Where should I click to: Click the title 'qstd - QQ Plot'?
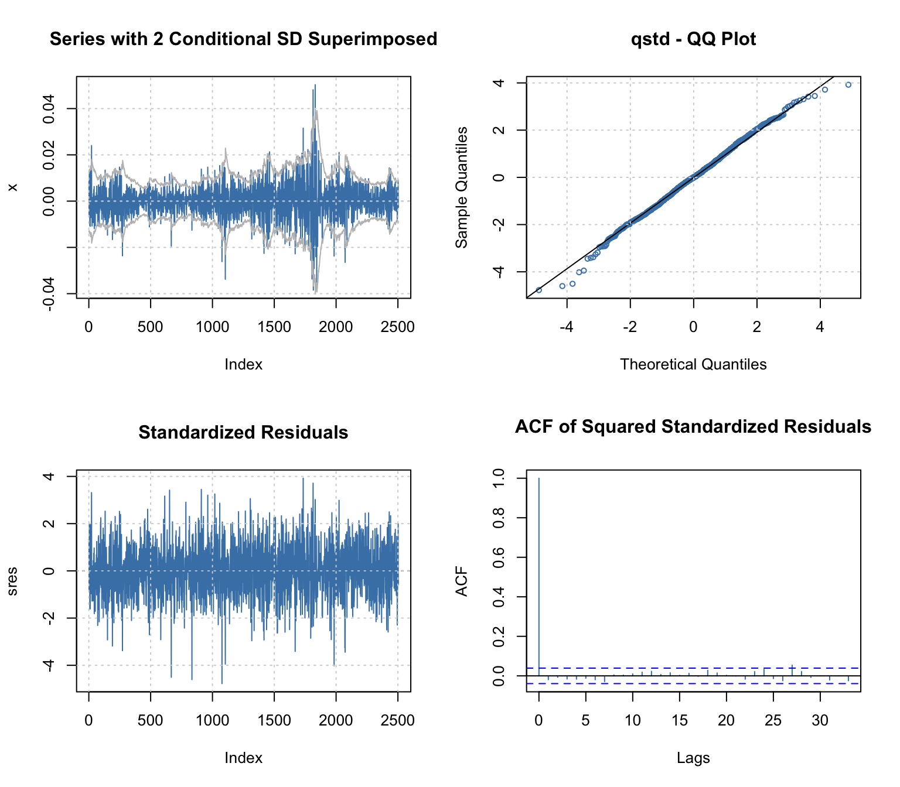(693, 39)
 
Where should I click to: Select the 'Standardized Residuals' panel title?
(243, 433)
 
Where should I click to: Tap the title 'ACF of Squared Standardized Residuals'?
(693, 427)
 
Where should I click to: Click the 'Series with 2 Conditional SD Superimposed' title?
(243, 39)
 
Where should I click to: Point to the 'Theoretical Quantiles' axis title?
(693, 364)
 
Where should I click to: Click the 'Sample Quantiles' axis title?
(462, 187)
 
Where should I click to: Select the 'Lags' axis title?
(693, 758)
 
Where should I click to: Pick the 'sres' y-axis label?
(12, 581)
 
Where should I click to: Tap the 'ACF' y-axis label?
(462, 581)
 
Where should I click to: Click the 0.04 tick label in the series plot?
(49, 109)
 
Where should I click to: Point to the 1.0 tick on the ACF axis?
(499, 478)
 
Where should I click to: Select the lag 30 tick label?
(820, 720)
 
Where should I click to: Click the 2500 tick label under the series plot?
(398, 327)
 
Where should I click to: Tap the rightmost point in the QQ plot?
(848, 85)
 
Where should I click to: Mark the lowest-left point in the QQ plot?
(539, 290)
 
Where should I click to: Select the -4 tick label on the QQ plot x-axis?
(566, 327)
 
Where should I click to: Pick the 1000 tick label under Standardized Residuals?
(212, 720)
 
